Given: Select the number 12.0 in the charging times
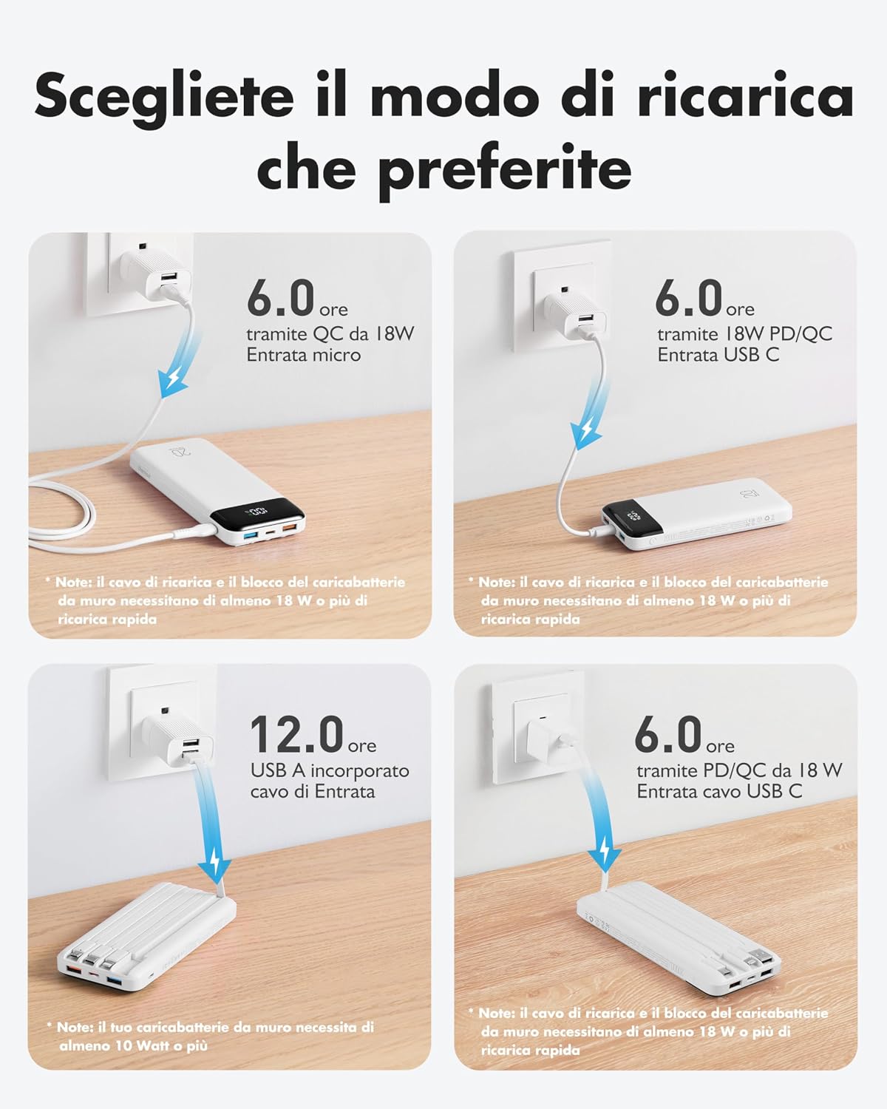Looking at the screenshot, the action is point(297,734).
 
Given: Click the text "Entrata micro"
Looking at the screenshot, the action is point(304,355).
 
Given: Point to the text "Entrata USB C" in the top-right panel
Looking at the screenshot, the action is point(718,355).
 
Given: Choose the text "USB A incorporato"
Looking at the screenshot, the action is point(330,770).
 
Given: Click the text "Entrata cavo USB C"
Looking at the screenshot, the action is point(719,792).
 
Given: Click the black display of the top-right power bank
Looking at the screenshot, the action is point(625,518).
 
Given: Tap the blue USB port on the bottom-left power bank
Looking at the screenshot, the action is point(115,980).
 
